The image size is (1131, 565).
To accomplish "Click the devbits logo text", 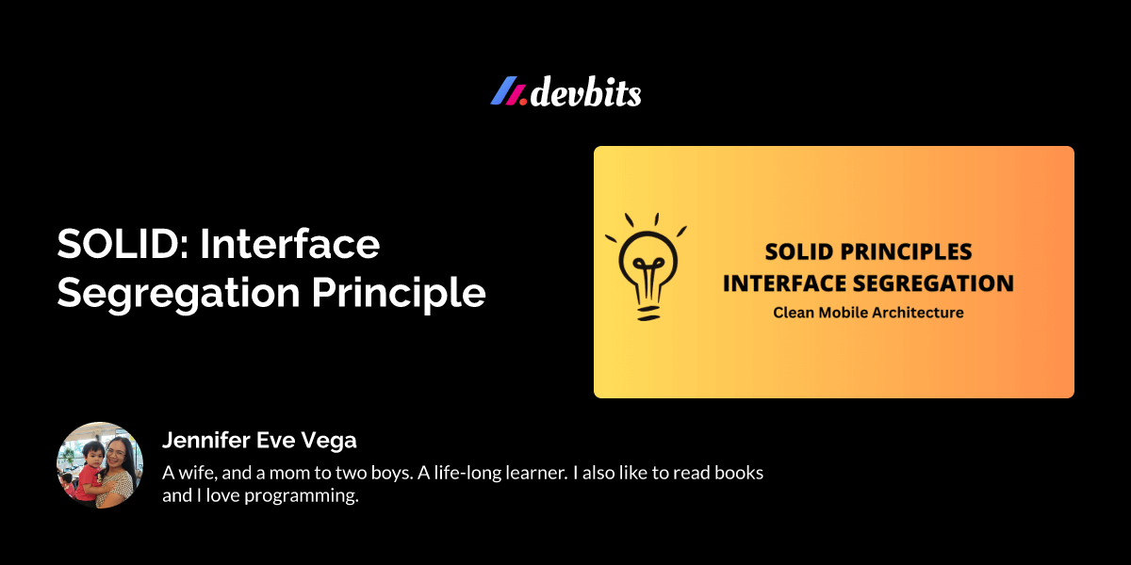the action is (585, 92).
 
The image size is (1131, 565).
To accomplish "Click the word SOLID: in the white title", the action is (123, 244).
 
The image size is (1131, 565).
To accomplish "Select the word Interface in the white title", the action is (290, 244).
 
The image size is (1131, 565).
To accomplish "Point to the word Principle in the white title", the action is (399, 294).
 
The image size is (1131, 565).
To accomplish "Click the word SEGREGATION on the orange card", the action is (933, 283).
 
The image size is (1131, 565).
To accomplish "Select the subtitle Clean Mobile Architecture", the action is (868, 313).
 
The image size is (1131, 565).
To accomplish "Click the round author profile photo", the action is (100, 465).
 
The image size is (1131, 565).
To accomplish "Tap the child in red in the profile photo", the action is (89, 473).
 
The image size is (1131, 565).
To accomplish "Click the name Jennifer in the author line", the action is (206, 440).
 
